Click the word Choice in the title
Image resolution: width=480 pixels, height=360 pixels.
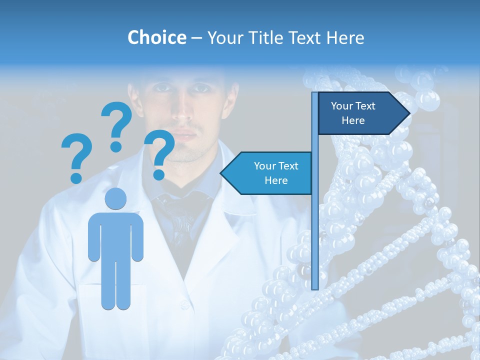click(x=156, y=37)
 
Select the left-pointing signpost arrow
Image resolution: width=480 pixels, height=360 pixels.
click(x=267, y=173)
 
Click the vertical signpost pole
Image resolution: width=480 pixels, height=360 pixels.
click(x=315, y=225)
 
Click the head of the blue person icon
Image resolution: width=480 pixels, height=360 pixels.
click(x=115, y=199)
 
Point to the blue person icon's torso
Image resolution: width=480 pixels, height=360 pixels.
click(x=115, y=235)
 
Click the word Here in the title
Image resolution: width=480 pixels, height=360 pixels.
click(x=345, y=37)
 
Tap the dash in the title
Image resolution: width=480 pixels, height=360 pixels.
click(x=196, y=38)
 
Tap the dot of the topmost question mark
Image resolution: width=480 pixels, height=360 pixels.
click(x=116, y=146)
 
